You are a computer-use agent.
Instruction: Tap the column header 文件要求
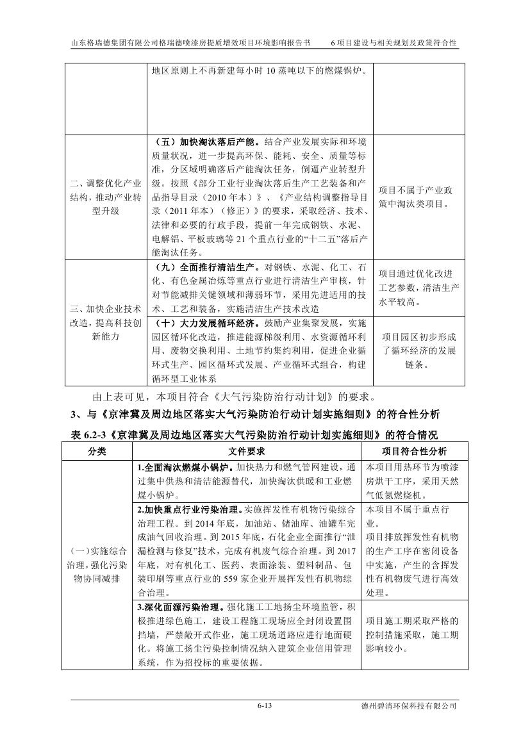pos(247,452)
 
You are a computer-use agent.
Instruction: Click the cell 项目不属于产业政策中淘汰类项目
pos(415,197)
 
